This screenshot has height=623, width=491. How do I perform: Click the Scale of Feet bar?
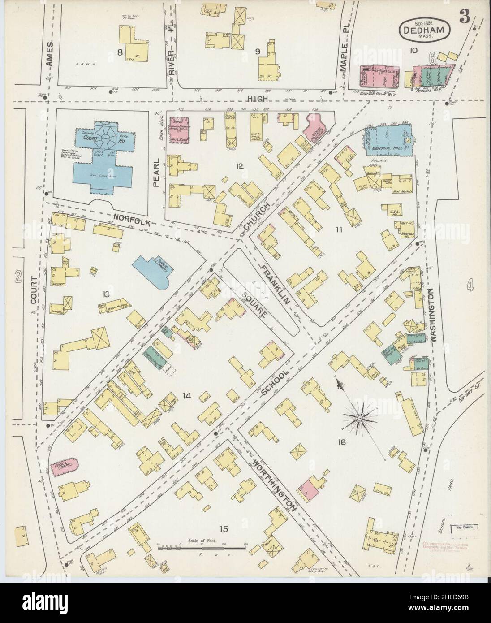[x=202, y=548]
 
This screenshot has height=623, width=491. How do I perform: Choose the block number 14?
[x=187, y=395]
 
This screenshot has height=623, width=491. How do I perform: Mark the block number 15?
[x=224, y=529]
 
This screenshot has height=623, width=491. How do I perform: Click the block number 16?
[x=342, y=442]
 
